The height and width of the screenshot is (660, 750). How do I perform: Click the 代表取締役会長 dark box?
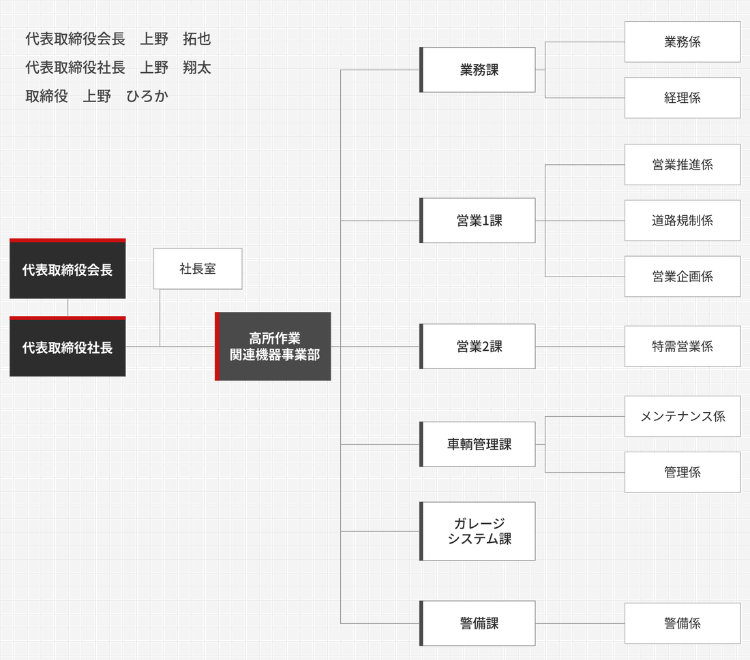pos(67,268)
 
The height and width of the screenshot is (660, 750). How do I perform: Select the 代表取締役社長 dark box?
pos(67,346)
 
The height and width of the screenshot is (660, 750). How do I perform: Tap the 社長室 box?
pos(198,268)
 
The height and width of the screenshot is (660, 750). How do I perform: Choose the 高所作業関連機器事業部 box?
pos(273,346)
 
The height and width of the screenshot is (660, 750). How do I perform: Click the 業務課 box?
pos(477,69)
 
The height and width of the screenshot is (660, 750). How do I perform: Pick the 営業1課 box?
pos(477,220)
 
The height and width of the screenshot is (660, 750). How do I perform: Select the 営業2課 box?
pos(477,347)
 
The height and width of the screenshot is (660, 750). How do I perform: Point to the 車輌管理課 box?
pos(477,444)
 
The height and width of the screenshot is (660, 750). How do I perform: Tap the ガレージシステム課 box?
pos(477,531)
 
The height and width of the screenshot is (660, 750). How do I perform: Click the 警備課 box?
pos(477,623)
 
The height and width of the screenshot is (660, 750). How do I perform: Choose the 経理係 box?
pos(682,98)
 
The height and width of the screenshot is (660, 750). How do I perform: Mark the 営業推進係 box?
pos(682,165)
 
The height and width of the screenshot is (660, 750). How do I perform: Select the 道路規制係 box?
pos(682,220)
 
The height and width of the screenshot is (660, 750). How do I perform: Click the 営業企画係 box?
pos(682,277)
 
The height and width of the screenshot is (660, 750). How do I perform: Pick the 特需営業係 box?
pos(682,347)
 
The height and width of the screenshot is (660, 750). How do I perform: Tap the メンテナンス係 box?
pos(682,416)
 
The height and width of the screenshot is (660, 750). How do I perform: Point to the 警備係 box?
pos(682,623)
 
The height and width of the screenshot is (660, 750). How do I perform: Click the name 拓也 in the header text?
pos(196,39)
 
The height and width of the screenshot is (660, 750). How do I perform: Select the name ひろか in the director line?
pos(147,96)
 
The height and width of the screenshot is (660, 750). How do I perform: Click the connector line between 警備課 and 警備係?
pos(580,623)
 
